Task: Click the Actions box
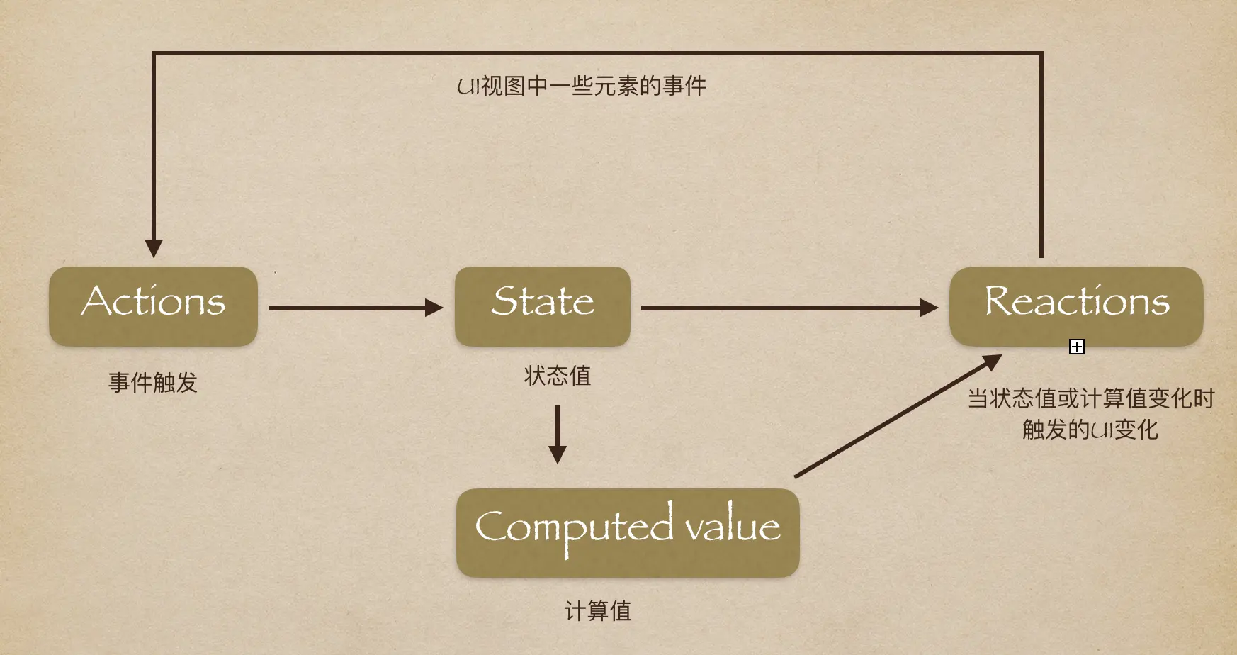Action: tap(153, 306)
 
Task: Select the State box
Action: tap(542, 306)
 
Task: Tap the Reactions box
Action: tap(1075, 306)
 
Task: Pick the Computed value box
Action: tap(628, 532)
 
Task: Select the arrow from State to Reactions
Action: tap(779, 308)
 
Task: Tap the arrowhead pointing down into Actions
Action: tap(154, 248)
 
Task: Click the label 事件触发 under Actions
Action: tap(153, 383)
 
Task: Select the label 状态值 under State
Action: tap(558, 376)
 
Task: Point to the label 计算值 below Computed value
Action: tap(597, 611)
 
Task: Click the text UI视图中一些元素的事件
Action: tap(582, 86)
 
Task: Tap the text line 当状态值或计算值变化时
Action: tap(1091, 398)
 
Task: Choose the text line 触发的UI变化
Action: tap(1090, 430)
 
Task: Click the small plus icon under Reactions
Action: tap(1076, 347)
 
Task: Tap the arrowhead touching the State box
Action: tap(434, 308)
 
